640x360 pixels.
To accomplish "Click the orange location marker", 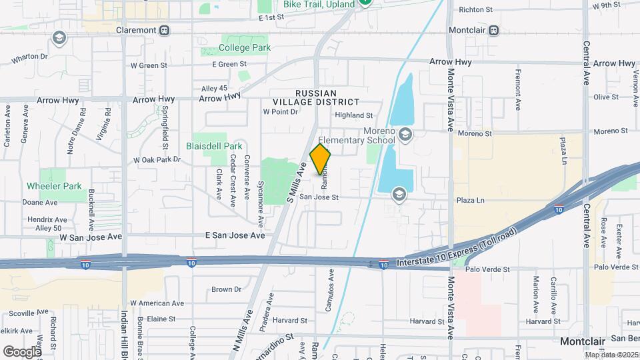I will (321, 160).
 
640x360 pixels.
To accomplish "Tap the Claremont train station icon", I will (164, 31).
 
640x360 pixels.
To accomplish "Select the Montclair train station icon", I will (493, 31).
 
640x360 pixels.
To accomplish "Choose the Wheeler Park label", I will (54, 186).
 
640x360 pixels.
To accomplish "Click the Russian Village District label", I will (316, 97).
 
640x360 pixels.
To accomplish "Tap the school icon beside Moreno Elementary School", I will (405, 137).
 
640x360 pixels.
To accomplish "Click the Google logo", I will (22, 351).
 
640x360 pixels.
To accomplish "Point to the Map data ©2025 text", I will (612, 353).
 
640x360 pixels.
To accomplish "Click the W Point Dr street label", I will (280, 112).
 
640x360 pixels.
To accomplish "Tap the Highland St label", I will (353, 115).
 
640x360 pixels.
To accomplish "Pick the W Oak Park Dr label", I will (157, 160).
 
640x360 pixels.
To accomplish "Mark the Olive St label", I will (606, 97).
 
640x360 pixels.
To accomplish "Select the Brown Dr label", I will (226, 289).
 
